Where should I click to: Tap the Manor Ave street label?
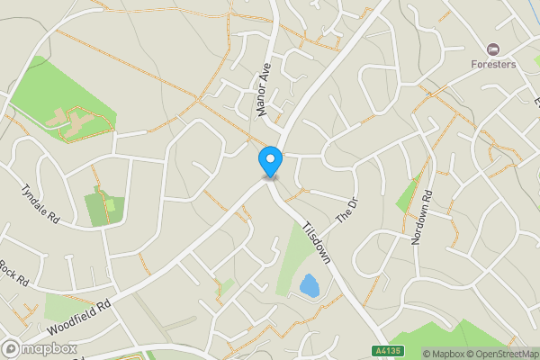point(264,92)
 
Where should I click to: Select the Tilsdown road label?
point(317,243)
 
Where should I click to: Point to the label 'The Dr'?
point(346,211)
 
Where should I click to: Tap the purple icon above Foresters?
point(492,48)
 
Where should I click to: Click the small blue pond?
point(309,286)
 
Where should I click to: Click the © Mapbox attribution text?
point(442,354)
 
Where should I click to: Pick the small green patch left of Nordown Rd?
point(407,194)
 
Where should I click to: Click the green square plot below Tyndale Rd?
point(101,208)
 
